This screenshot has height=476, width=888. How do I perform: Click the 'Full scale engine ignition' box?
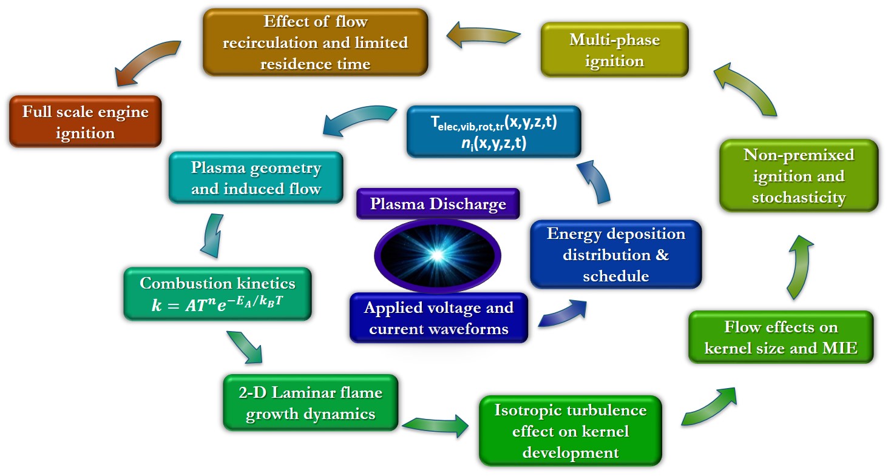85,121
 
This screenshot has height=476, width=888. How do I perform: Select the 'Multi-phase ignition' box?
614,50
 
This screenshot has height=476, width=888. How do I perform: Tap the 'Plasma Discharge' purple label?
438,204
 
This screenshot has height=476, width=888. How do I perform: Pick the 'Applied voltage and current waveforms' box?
438,318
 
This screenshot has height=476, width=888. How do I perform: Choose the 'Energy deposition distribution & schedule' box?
615,254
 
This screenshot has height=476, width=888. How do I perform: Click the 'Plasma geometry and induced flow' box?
256,177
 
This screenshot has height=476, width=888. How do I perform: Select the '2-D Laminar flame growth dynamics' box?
310,403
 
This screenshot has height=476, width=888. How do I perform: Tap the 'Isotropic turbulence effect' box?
569,431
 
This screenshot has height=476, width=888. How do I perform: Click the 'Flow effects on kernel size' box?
781,337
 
